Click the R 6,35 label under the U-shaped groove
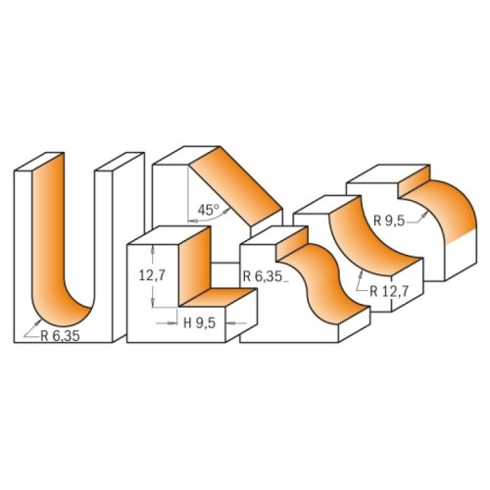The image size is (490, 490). coord(60,336)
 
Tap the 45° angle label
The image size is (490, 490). coord(208,210)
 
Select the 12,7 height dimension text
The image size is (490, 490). coord(152,275)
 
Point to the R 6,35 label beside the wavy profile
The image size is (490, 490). coord(263,276)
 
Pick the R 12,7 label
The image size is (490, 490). coord(389,291)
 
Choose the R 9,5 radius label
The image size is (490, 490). coord(389,221)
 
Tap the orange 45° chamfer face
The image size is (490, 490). coord(236,186)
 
